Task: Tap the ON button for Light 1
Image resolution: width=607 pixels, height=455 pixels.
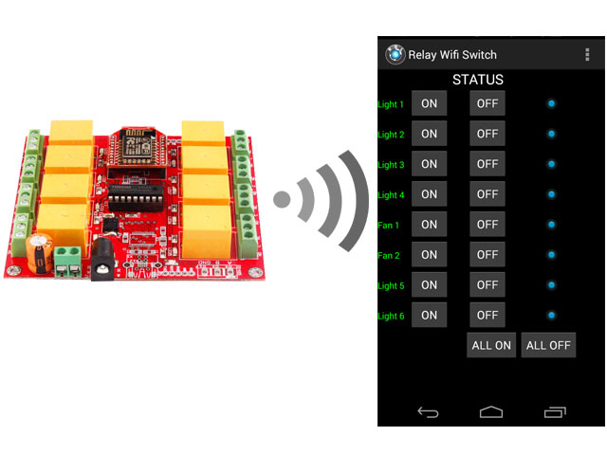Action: (430, 103)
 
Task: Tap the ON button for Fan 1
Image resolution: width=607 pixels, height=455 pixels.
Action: (430, 225)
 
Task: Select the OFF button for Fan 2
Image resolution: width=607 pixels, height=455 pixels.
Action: (487, 255)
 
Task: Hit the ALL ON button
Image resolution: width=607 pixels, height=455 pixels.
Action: (491, 345)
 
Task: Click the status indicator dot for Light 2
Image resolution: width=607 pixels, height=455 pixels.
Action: (551, 134)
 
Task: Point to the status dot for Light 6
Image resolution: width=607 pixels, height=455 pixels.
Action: (551, 315)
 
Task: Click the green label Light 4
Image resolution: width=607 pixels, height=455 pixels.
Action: (391, 195)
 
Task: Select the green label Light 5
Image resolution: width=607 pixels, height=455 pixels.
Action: (391, 285)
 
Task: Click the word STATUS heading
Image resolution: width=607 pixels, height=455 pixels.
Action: (478, 80)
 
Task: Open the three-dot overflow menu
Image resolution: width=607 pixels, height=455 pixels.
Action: (587, 55)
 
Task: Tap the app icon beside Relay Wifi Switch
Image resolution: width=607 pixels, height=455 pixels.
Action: (395, 54)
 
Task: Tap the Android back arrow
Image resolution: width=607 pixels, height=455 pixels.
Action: (429, 411)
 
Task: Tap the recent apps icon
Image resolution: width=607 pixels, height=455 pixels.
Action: (555, 411)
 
